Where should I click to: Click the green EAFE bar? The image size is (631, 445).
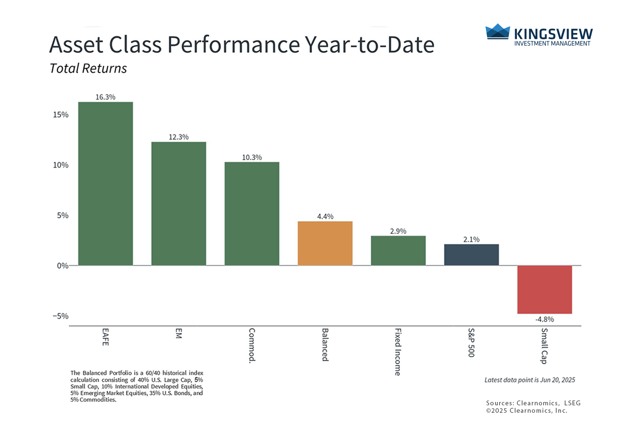pyautogui.click(x=106, y=184)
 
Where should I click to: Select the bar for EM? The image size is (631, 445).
pyautogui.click(x=178, y=204)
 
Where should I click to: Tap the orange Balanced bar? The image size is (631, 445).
pyautogui.click(x=325, y=244)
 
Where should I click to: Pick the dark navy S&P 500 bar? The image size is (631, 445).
pyautogui.click(x=471, y=255)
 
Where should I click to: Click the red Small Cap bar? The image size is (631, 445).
pyautogui.click(x=544, y=290)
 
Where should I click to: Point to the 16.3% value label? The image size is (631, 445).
pyautogui.click(x=106, y=97)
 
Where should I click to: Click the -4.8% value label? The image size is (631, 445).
pyautogui.click(x=544, y=319)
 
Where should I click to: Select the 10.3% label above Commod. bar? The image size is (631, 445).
pyautogui.click(x=252, y=157)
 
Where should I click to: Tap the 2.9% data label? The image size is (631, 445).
pyautogui.click(x=398, y=231)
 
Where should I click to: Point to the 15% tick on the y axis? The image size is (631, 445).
pyautogui.click(x=61, y=115)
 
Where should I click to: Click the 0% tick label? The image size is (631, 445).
pyautogui.click(x=63, y=266)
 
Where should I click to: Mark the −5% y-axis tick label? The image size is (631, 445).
pyautogui.click(x=60, y=316)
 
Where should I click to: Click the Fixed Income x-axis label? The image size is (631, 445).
pyautogui.click(x=398, y=352)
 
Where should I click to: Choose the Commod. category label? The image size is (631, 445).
pyautogui.click(x=252, y=345)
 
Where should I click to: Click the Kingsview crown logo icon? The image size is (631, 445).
pyautogui.click(x=498, y=31)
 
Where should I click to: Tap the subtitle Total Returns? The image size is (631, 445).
pyautogui.click(x=88, y=68)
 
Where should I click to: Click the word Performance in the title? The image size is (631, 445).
pyautogui.click(x=234, y=44)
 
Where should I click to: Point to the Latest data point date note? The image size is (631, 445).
pyautogui.click(x=530, y=380)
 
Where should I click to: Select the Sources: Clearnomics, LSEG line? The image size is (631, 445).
pyautogui.click(x=533, y=403)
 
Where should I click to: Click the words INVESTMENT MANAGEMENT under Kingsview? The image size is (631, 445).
pyautogui.click(x=552, y=43)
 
